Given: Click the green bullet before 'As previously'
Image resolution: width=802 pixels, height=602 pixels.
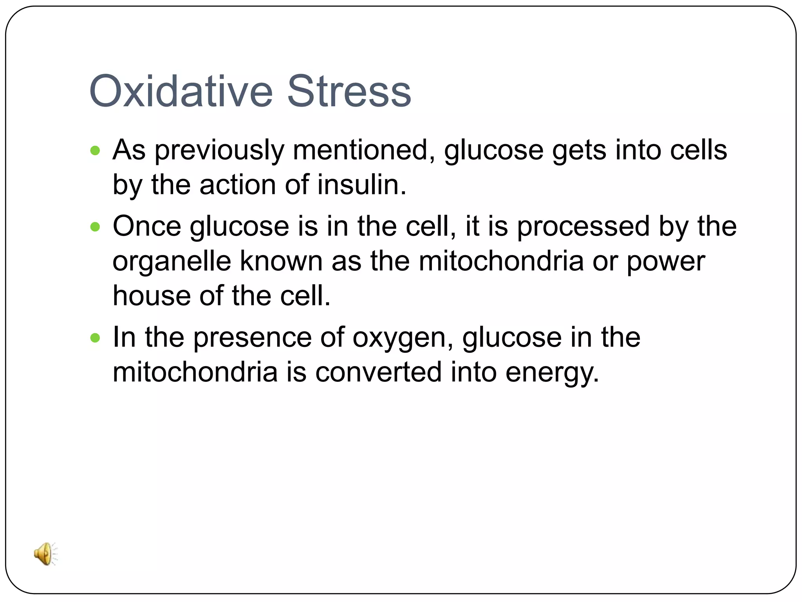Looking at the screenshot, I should (x=95, y=150).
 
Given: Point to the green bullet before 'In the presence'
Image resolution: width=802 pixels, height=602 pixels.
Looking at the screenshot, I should (x=95, y=337).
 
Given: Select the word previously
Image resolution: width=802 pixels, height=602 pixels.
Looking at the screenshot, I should (x=219, y=151).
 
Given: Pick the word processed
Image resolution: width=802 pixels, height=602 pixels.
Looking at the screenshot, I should (x=583, y=227).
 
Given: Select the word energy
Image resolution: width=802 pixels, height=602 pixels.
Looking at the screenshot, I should (x=552, y=373).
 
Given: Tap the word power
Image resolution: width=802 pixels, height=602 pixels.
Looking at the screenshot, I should (x=666, y=262).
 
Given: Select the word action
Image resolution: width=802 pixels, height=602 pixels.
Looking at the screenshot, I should (x=238, y=185).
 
